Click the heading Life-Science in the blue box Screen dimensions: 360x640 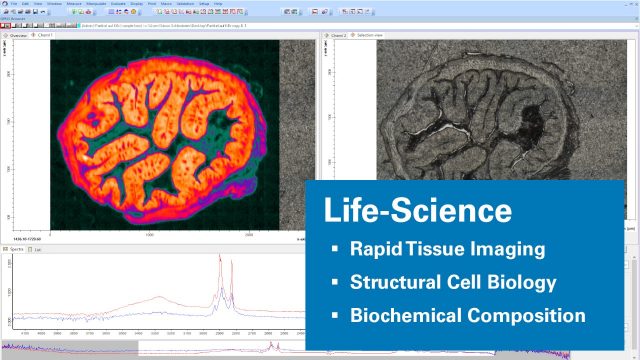(x=418, y=211)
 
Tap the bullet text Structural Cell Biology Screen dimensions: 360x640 (x=452, y=282)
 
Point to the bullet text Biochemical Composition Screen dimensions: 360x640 (x=467, y=315)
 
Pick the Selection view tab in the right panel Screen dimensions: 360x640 (x=372, y=35)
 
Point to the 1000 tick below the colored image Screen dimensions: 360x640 (x=150, y=235)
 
